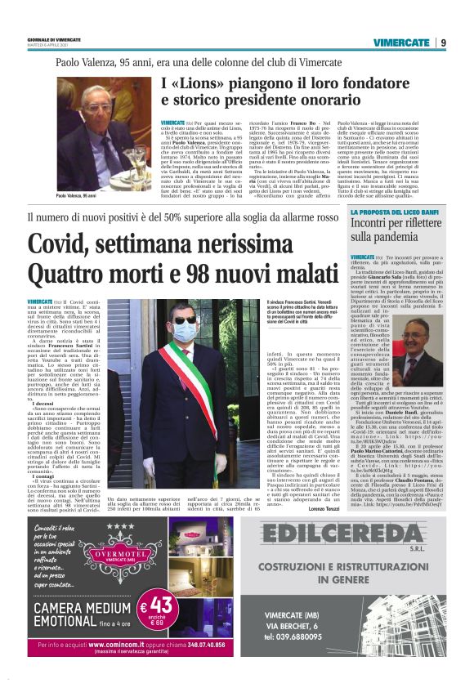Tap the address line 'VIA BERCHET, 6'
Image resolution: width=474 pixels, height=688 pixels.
(x=347, y=626)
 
